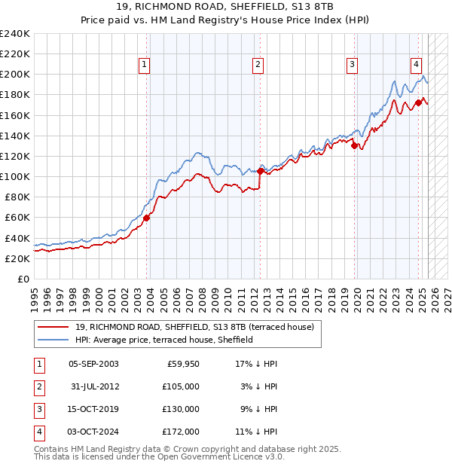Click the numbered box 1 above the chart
click(x=144, y=66)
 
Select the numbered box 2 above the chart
click(x=258, y=66)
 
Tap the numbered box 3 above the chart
click(x=352, y=66)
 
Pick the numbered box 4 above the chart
click(x=416, y=66)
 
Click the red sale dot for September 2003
click(x=147, y=218)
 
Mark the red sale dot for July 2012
click(x=260, y=171)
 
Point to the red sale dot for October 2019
click(x=354, y=145)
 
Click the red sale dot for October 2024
click(x=418, y=102)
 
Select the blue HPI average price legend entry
click(x=163, y=340)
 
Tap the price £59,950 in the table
click(x=182, y=364)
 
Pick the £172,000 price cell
click(x=181, y=432)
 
